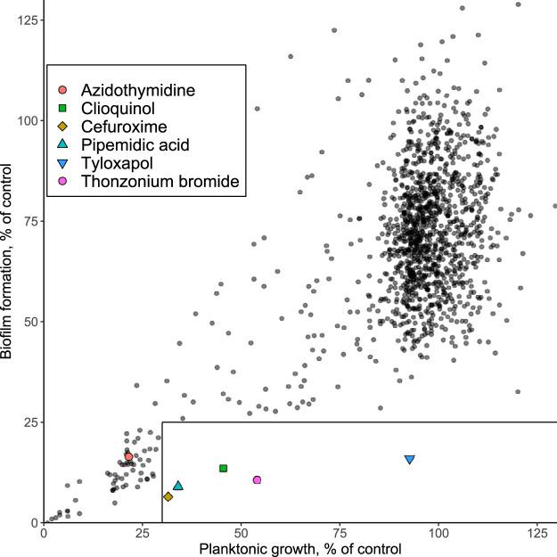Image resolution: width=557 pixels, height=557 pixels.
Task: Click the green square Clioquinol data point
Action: click(223, 468)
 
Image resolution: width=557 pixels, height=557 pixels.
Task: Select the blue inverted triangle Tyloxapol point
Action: click(410, 459)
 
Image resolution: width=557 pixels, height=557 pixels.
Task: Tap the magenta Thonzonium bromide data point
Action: click(257, 479)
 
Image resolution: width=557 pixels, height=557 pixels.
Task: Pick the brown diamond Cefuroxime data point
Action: click(168, 496)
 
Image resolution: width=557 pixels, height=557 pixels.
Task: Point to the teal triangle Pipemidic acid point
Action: click(178, 486)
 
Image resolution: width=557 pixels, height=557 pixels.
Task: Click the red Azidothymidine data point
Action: click(128, 456)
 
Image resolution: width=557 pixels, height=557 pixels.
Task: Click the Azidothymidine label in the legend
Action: click(137, 90)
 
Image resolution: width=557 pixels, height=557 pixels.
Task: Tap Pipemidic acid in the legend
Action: click(135, 145)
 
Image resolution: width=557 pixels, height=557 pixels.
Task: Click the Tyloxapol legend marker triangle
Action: click(61, 164)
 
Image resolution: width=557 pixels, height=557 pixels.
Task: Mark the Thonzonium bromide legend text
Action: click(160, 183)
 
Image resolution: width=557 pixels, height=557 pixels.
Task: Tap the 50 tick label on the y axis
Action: click(28, 321)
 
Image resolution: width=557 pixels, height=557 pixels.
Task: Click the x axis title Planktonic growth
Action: click(300, 549)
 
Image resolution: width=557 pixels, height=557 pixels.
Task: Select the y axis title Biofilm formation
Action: click(8, 261)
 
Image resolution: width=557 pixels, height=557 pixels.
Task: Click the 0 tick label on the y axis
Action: click(32, 522)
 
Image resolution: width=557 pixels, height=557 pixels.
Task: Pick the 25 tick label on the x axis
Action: click(143, 534)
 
